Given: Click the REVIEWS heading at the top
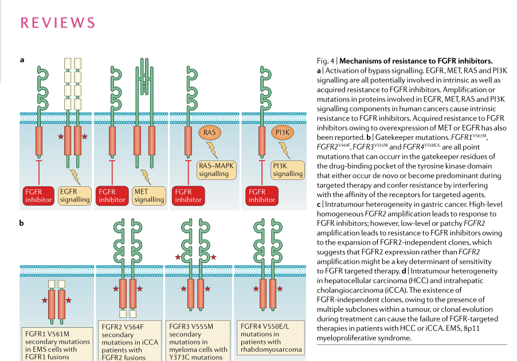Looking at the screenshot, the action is tap(58, 23).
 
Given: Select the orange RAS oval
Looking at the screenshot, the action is tap(209, 132).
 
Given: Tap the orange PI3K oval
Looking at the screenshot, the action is tap(282, 132).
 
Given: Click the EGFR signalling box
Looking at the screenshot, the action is tap(75, 196).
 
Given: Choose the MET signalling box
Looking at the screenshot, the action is tap(149, 196).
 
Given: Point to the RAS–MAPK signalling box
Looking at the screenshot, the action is tap(216, 170).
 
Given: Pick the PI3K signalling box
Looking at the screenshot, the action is tap(288, 170).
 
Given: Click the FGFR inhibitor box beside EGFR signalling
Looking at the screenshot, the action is tap(38, 196).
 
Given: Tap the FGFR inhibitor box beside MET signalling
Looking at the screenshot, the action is tap(112, 196).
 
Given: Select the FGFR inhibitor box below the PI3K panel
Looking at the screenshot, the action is tap(262, 196).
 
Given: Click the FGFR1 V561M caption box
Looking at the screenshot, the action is tap(57, 344).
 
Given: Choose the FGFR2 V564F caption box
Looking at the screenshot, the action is tap(130, 341).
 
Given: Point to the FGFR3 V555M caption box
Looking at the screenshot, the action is tap(198, 341).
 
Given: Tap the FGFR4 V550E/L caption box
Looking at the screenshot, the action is tap(271, 338).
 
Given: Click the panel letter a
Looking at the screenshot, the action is tap(22, 60).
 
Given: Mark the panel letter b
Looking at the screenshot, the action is tap(21, 223).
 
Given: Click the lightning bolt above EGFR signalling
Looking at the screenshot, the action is tap(76, 177).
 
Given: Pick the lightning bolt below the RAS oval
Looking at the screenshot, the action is tap(212, 150).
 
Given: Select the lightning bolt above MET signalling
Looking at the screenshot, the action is tap(146, 177).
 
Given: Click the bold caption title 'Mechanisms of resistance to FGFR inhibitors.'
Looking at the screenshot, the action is tap(416, 61).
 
